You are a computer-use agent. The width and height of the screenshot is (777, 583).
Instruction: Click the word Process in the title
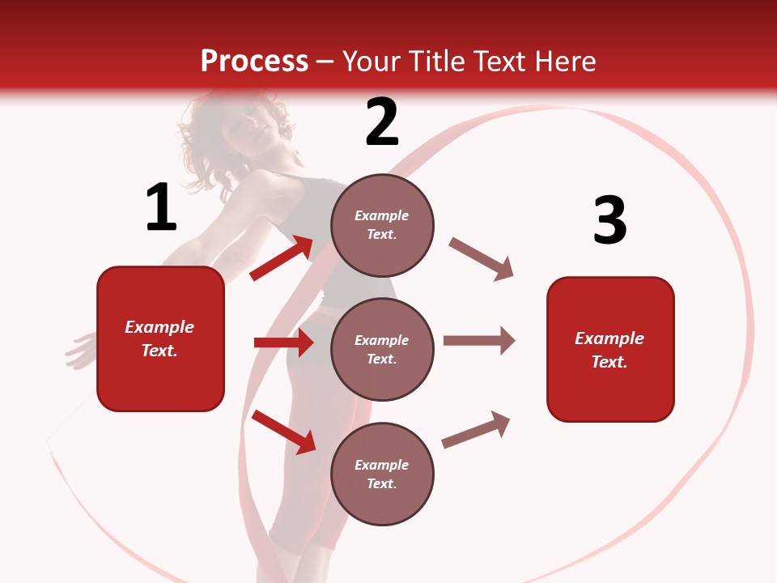click(x=254, y=62)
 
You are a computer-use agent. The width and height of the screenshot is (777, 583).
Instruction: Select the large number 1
click(x=161, y=208)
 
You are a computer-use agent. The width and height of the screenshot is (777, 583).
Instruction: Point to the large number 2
click(x=382, y=122)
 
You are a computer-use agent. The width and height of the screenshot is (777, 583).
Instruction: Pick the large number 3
click(x=609, y=220)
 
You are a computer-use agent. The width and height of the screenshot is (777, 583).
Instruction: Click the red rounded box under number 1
click(x=160, y=338)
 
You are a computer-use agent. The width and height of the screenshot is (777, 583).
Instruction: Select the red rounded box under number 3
click(x=610, y=349)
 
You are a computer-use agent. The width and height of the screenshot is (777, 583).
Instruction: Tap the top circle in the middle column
click(x=382, y=225)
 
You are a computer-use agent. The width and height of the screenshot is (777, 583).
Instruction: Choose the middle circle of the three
click(x=382, y=349)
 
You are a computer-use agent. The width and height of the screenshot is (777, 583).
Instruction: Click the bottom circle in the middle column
click(x=382, y=474)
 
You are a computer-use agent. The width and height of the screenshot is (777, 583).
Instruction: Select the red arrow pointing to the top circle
click(x=282, y=257)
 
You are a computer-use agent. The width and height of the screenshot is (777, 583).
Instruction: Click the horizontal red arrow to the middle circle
click(x=283, y=343)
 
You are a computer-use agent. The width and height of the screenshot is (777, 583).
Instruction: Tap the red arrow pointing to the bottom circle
click(x=283, y=431)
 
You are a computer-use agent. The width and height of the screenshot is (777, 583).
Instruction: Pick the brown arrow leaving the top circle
click(x=481, y=258)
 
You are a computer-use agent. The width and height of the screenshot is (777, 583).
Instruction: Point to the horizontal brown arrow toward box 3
click(x=478, y=340)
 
